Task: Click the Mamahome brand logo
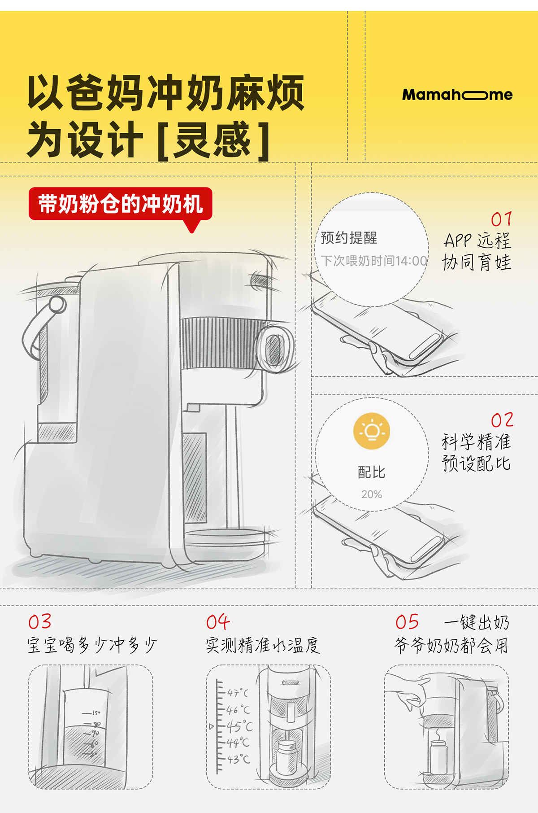pyautogui.click(x=457, y=95)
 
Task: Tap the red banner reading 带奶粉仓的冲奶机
pyautogui.click(x=120, y=204)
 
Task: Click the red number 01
pyautogui.click(x=501, y=219)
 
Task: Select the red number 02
pyautogui.click(x=502, y=420)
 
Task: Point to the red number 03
pyautogui.click(x=40, y=622)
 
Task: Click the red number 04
pyautogui.click(x=218, y=622)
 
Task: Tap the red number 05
pyautogui.click(x=407, y=622)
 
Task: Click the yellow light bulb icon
pyautogui.click(x=372, y=431)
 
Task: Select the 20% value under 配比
pyautogui.click(x=372, y=494)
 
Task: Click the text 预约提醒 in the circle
pyautogui.click(x=349, y=237)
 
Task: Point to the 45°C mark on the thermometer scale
pyautogui.click(x=239, y=726)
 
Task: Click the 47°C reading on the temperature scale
pyautogui.click(x=237, y=693)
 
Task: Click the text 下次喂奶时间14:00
pyautogui.click(x=373, y=260)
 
